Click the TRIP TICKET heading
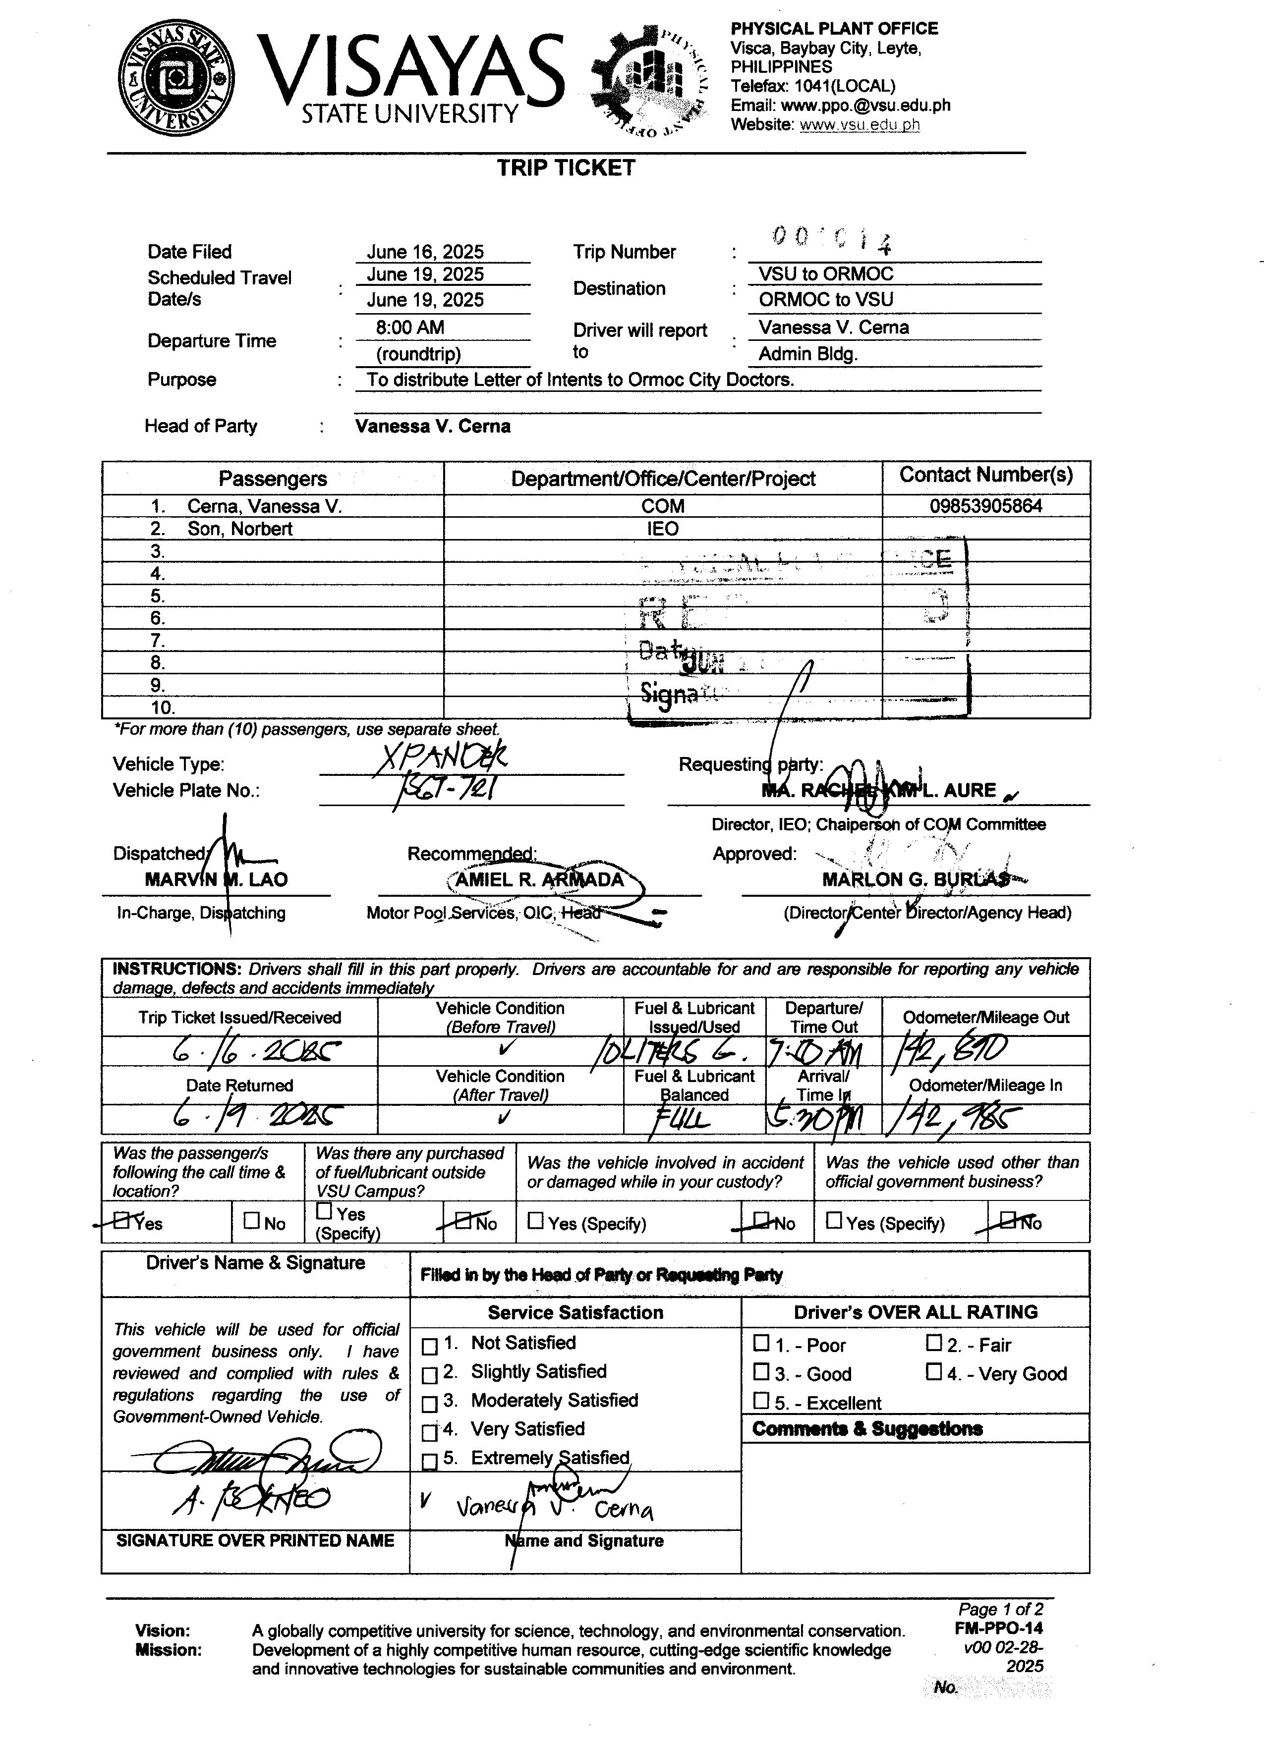[566, 168]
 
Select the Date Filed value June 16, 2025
[425, 252]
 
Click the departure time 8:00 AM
[409, 328]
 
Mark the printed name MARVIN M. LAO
[216, 879]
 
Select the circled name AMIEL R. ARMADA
[539, 879]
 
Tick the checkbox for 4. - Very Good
[933, 1371]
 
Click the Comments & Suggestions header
[866, 1428]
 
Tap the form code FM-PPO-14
[999, 1628]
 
